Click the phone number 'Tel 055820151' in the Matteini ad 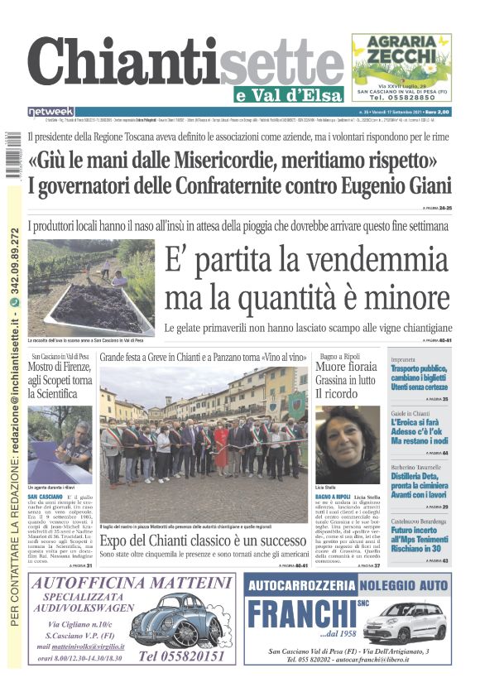pos(181,656)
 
